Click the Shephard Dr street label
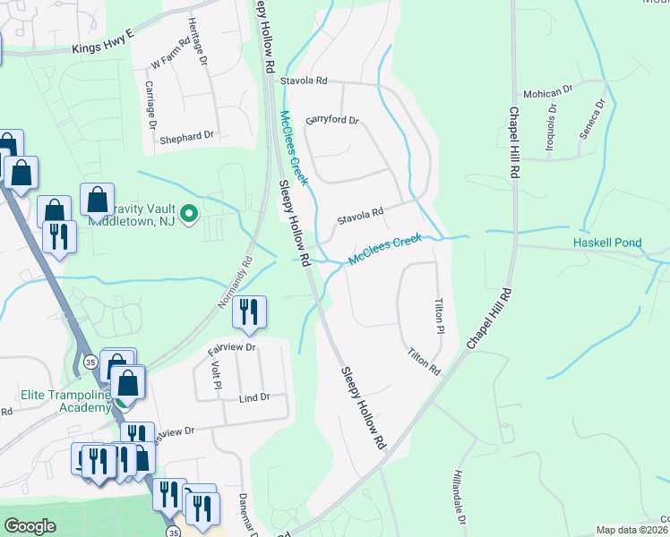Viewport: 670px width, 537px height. pyautogui.click(x=187, y=137)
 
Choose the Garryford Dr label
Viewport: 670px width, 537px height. pyautogui.click(x=331, y=120)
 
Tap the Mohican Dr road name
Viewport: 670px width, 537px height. pyautogui.click(x=549, y=92)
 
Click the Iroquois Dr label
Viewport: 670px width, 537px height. pyautogui.click(x=553, y=123)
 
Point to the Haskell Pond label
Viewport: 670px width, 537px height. pyautogui.click(x=608, y=243)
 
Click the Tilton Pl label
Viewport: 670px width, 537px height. pyautogui.click(x=440, y=317)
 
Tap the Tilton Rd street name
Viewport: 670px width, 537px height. pyautogui.click(x=425, y=362)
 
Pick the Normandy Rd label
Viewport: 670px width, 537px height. pyautogui.click(x=236, y=285)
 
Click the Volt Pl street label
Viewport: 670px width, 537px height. pyautogui.click(x=217, y=374)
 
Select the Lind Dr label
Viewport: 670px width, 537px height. pyautogui.click(x=255, y=397)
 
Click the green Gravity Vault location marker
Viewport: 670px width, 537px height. pyautogui.click(x=188, y=214)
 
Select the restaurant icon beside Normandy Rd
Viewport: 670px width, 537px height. pyautogui.click(x=248, y=312)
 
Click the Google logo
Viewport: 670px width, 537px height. pyautogui.click(x=30, y=526)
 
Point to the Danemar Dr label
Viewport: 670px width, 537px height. pyautogui.click(x=243, y=514)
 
